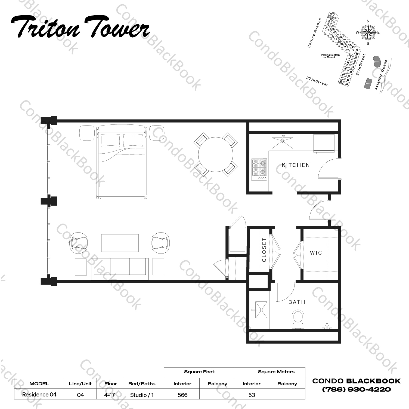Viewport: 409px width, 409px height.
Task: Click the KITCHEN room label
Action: tap(296, 165)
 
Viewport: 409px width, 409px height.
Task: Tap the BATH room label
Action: tap(297, 302)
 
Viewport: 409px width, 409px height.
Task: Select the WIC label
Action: tap(316, 253)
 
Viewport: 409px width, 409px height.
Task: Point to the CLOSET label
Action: tap(264, 250)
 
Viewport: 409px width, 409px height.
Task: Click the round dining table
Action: tap(215, 154)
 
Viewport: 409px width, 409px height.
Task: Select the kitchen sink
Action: tap(283, 143)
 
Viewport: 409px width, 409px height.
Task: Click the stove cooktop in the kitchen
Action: tap(259, 169)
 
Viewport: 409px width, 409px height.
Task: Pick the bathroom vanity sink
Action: tap(261, 310)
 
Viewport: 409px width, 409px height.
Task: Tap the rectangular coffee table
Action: tap(120, 243)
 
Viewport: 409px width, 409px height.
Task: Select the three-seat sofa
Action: tap(120, 268)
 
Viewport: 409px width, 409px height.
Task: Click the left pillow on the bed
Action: tap(110, 141)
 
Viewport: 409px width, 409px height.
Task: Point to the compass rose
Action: tap(368, 32)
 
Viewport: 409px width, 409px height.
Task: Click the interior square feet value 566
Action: tap(182, 395)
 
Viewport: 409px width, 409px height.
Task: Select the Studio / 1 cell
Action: tap(142, 395)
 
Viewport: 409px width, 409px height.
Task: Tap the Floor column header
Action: tap(111, 384)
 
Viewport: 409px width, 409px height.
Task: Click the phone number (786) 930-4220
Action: tap(356, 389)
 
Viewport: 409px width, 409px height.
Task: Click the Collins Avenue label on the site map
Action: tap(315, 33)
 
